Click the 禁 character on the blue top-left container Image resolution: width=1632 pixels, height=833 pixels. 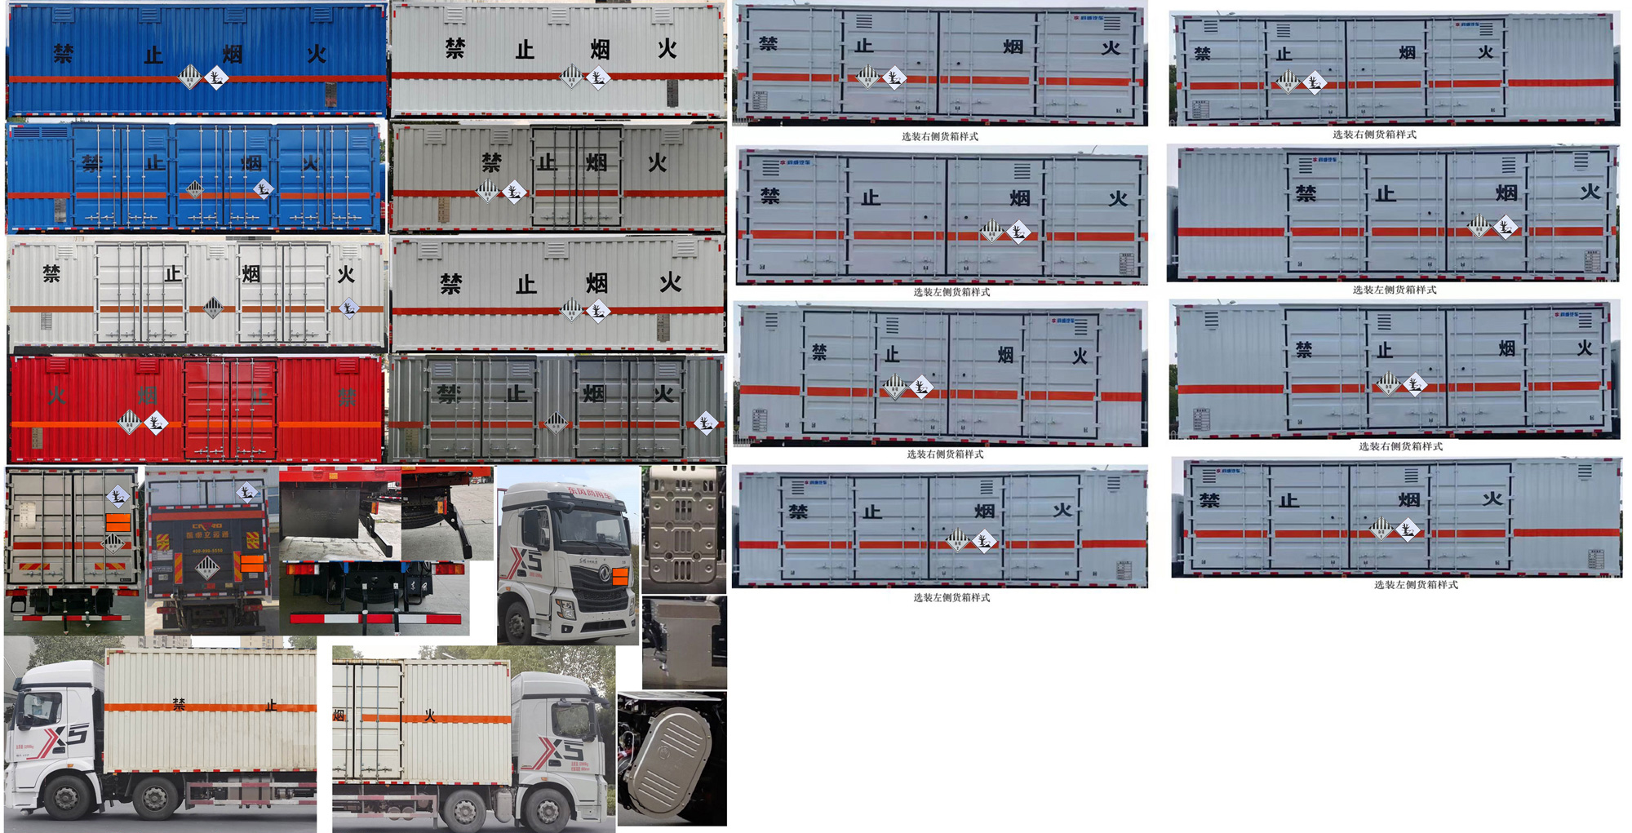tap(64, 54)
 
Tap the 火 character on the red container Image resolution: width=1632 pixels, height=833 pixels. tap(56, 397)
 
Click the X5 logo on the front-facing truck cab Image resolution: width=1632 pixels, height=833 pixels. tap(526, 561)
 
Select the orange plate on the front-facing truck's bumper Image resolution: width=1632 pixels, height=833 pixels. tap(620, 577)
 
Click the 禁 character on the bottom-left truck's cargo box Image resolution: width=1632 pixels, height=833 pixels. tap(179, 704)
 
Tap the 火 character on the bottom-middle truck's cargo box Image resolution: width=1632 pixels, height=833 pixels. tap(430, 716)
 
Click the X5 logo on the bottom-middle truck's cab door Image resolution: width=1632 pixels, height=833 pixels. tap(564, 749)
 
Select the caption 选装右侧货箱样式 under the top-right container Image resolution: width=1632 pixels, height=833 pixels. tap(1374, 135)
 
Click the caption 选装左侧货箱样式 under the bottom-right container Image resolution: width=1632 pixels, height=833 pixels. tap(1415, 584)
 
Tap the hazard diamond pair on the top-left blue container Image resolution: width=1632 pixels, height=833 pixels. tap(203, 78)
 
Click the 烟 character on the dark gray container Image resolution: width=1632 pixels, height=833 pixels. tap(594, 394)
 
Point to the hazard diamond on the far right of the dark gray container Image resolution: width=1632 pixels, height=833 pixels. tap(706, 423)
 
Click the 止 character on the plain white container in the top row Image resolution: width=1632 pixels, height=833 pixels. tap(525, 51)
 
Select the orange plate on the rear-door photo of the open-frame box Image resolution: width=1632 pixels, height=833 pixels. tap(118, 522)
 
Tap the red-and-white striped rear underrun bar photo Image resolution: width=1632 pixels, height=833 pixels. tap(375, 618)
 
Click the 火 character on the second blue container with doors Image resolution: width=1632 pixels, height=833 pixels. tap(310, 163)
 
